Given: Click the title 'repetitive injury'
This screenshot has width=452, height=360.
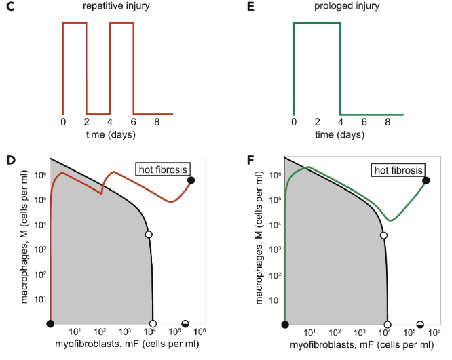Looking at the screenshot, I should point(111,7).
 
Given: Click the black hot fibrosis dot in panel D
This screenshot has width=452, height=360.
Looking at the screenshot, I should point(191,180).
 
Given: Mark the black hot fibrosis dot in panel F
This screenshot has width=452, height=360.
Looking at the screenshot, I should point(426,180).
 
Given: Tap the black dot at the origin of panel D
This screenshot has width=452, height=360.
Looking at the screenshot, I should point(50,324).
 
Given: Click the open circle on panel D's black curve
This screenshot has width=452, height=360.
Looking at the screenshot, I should point(149,235).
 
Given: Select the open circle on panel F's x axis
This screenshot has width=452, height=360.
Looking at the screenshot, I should point(388,324).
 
